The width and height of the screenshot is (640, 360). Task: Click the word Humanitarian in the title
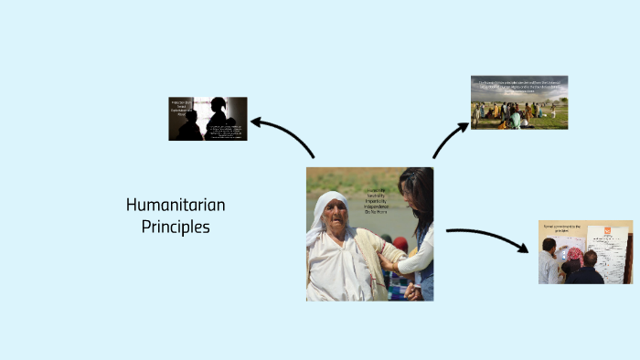(x=176, y=205)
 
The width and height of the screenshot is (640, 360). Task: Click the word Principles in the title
(x=176, y=226)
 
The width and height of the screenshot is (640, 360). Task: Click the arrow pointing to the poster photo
(x=489, y=238)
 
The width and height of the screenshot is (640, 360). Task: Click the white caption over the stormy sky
(x=518, y=86)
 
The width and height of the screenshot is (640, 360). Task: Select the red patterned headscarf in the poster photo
(x=573, y=255)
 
